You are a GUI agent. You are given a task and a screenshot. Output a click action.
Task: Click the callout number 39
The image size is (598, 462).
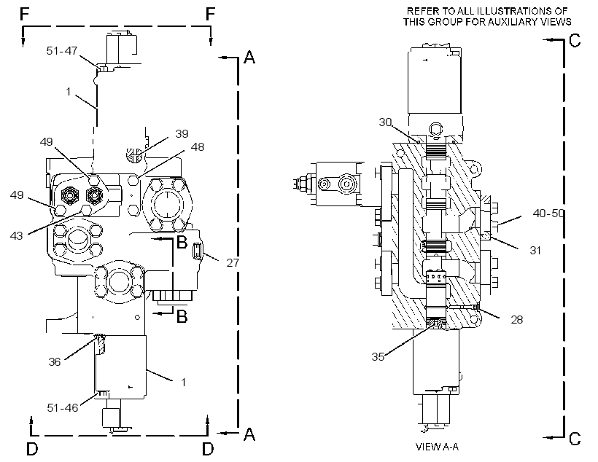182,134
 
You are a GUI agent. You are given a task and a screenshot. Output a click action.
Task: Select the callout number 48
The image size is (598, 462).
198,146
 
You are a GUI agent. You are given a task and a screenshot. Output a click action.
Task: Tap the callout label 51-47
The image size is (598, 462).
62,51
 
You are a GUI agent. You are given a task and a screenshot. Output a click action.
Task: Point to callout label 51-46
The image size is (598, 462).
63,408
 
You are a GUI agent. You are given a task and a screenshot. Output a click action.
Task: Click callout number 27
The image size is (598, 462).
233,262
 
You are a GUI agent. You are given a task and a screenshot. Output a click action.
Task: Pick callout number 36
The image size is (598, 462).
55,361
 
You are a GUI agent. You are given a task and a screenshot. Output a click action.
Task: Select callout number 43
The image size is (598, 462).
16,236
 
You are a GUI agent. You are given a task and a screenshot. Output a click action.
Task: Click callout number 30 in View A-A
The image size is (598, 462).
385,122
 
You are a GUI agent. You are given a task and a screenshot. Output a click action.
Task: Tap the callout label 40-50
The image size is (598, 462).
548,214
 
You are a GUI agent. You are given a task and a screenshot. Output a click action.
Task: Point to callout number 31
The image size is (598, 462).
535,251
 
